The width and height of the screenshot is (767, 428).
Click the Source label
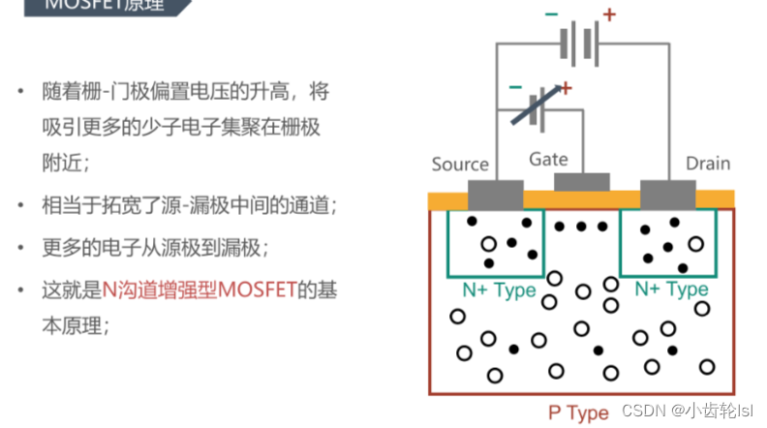click(x=460, y=164)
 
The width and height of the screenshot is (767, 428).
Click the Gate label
click(x=548, y=159)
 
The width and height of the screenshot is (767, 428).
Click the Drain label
click(x=707, y=163)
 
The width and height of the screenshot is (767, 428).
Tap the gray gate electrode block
click(x=581, y=182)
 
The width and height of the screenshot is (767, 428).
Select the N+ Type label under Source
click(x=499, y=290)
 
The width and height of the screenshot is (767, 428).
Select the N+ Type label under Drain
click(x=671, y=290)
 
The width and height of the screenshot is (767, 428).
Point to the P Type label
click(x=578, y=413)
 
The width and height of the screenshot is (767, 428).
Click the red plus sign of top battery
click(x=609, y=14)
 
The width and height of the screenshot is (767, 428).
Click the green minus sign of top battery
click(x=551, y=14)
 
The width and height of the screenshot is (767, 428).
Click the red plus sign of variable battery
click(x=566, y=88)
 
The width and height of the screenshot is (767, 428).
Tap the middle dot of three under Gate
click(x=581, y=227)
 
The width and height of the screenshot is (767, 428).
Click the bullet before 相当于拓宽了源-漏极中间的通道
click(x=21, y=206)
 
